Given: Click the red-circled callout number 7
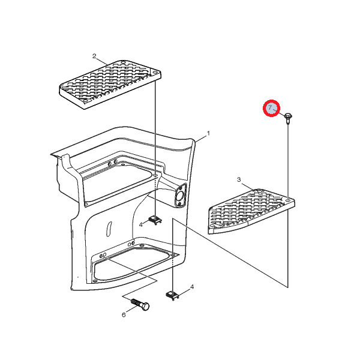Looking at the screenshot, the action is (270, 107).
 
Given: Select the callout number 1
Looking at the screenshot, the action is (208, 133).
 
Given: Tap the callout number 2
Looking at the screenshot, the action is (94, 56).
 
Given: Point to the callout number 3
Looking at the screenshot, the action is (239, 179).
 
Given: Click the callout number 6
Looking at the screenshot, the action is (124, 314).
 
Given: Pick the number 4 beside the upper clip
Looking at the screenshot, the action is (141, 224).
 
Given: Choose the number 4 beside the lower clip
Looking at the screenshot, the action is (192, 287).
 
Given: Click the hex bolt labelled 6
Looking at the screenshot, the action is (140, 304).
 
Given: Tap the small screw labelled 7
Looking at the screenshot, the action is (288, 118).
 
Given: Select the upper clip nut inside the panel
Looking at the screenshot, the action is (155, 220).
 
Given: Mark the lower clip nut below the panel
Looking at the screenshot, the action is (172, 295).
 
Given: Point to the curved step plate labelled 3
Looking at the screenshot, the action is (251, 211).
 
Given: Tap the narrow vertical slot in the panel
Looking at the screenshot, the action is (109, 229).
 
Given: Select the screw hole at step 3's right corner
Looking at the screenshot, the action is (288, 200).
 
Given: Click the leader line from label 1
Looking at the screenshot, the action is (200, 139).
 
